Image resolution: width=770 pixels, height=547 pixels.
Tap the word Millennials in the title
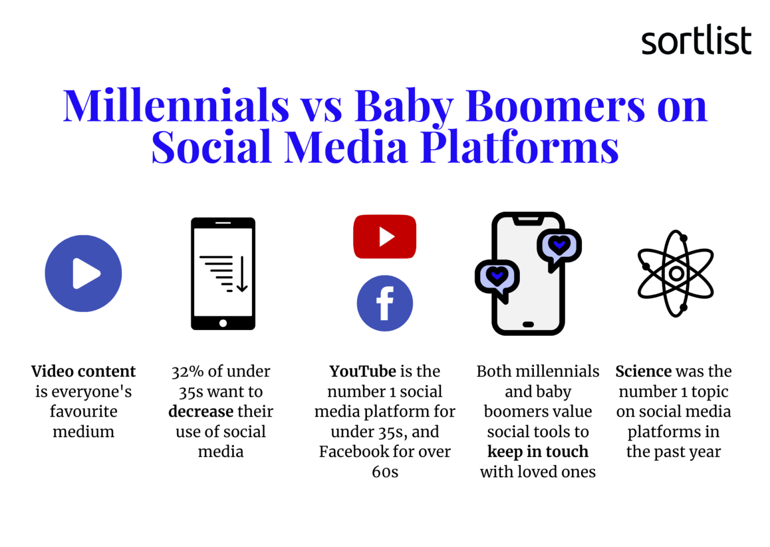point(176,105)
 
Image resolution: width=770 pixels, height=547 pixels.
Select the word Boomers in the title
point(555,105)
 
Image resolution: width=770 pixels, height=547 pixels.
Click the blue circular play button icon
point(83,273)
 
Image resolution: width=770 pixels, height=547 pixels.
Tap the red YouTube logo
point(384,236)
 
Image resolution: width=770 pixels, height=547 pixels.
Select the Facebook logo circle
point(384,303)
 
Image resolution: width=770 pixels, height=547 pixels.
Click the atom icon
point(676,274)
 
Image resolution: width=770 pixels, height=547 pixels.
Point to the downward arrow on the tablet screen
point(242,274)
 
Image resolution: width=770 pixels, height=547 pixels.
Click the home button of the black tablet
point(223,323)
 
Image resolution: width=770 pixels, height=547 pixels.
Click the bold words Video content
point(84,371)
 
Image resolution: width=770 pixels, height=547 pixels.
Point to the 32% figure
point(188,372)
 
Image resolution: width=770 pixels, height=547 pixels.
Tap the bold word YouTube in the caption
point(363,371)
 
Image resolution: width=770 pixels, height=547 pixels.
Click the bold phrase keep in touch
point(538,452)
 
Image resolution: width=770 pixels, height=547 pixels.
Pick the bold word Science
point(643,371)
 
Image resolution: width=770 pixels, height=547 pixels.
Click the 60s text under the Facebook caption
point(385,472)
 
